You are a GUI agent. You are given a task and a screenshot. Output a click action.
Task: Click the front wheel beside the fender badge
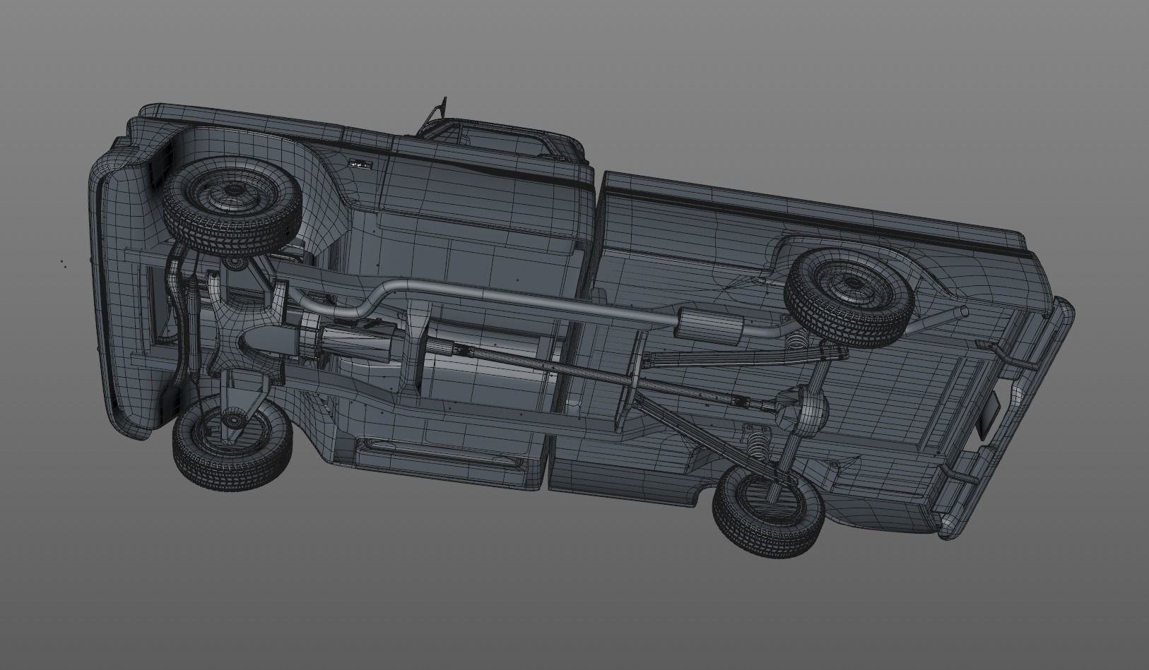click(x=232, y=205)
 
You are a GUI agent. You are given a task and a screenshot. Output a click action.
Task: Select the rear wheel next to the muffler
click(x=849, y=296)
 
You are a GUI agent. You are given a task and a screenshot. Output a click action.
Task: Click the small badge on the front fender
click(x=360, y=164)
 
